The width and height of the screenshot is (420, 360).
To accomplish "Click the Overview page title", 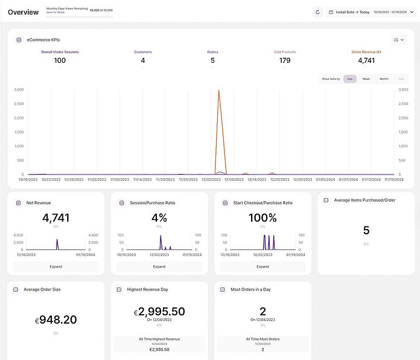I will [x=23, y=12].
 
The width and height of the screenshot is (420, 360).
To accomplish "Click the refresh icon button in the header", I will [x=318, y=12].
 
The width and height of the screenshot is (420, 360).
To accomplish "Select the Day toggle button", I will [x=350, y=79].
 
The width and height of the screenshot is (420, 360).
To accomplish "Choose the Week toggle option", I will [x=366, y=79].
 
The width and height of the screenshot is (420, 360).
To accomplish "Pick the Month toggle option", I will [x=384, y=79].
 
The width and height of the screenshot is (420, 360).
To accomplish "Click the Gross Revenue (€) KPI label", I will [x=366, y=52].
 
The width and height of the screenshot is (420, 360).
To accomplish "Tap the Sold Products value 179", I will [x=285, y=60].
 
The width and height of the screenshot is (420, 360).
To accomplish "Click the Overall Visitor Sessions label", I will [x=60, y=52].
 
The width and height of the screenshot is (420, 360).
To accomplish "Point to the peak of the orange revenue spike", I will [x=218, y=90].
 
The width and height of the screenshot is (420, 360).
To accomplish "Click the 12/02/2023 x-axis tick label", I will [x=211, y=179].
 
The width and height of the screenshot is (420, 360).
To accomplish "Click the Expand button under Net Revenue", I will [x=56, y=266].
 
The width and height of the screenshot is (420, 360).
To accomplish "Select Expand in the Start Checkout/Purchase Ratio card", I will [x=262, y=266].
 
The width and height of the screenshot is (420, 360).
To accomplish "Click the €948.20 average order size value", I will [x=56, y=320].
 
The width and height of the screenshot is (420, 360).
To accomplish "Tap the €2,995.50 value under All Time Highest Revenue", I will [x=159, y=349].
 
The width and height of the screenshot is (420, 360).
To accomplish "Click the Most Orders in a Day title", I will [x=250, y=289].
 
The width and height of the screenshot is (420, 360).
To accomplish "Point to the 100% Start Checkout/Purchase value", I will [x=262, y=218].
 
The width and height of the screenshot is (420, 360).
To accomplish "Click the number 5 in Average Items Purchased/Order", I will [x=366, y=230].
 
